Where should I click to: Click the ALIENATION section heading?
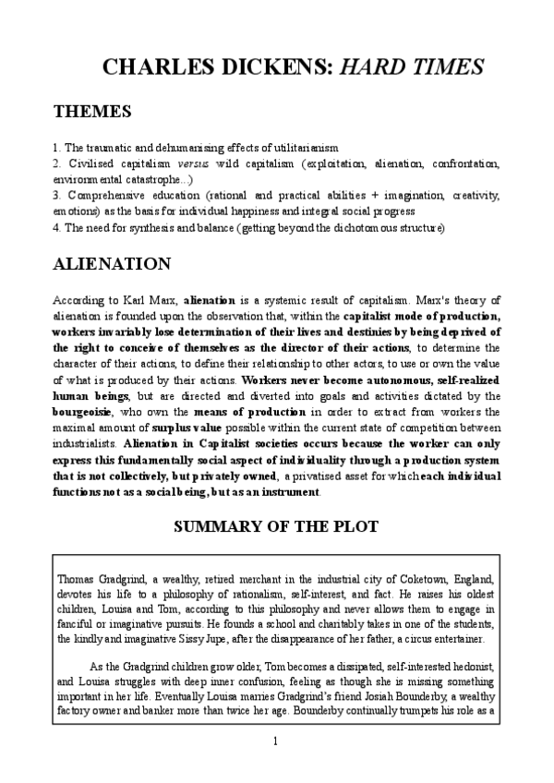point(112,264)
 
